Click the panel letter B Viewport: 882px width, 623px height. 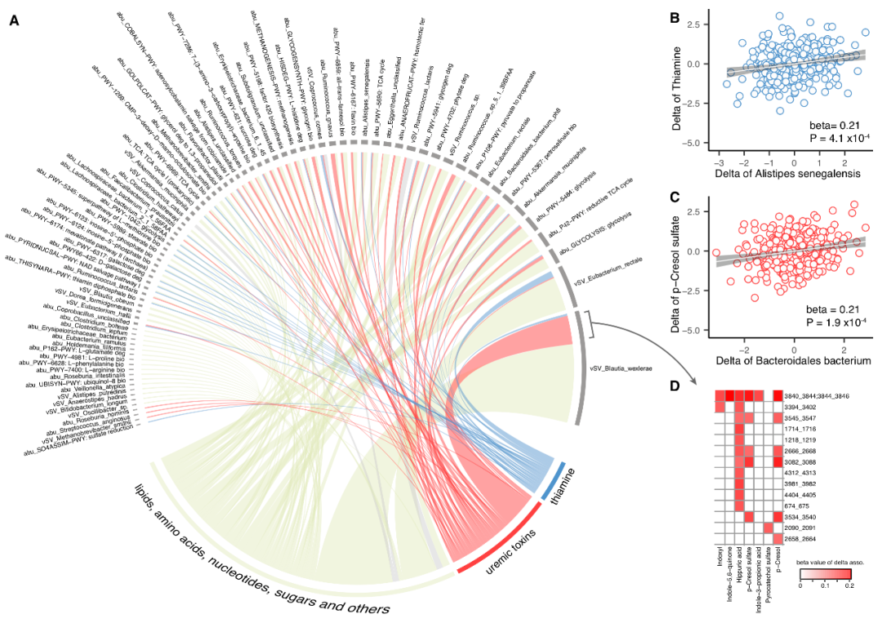[675, 17]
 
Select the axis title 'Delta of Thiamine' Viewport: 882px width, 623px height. [691, 78]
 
